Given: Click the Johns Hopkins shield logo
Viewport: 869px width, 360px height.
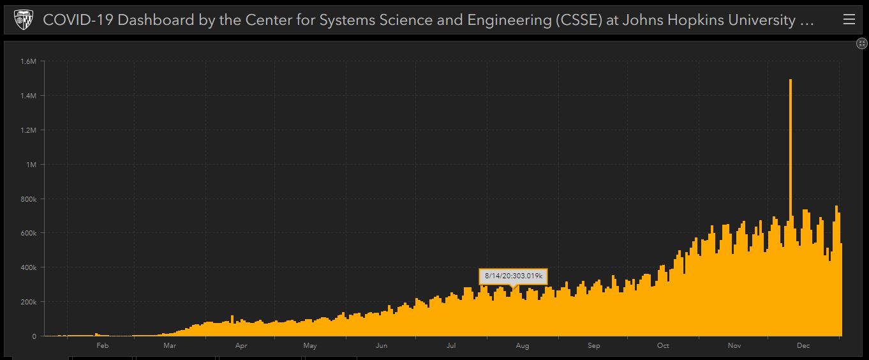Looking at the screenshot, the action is pyautogui.click(x=23, y=19).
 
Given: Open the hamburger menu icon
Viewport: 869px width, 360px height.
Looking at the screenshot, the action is pyautogui.click(x=849, y=19).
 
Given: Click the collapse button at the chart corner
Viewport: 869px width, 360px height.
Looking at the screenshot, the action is pyautogui.click(x=861, y=43).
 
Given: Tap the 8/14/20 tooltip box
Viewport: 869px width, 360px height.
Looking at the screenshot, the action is pyautogui.click(x=513, y=276).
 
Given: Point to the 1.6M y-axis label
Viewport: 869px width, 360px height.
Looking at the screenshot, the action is pyautogui.click(x=28, y=61).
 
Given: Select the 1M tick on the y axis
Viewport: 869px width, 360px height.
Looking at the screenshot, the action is pyautogui.click(x=31, y=165).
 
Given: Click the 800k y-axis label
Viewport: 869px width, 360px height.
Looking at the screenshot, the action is pyautogui.click(x=28, y=199).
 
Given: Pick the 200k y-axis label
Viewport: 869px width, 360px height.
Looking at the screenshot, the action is pyautogui.click(x=28, y=302).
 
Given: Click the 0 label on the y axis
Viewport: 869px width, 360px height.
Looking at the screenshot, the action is pyautogui.click(x=34, y=337).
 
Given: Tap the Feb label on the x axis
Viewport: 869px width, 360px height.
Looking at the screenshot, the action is pyautogui.click(x=103, y=346).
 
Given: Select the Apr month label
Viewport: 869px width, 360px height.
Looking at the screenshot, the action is pyautogui.click(x=241, y=346).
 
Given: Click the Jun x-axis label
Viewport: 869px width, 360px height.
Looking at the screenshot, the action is pyautogui.click(x=382, y=346).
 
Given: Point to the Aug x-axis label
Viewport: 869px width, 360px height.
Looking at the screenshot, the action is pyautogui.click(x=522, y=346).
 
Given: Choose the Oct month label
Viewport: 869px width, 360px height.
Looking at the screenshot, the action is pyautogui.click(x=663, y=346).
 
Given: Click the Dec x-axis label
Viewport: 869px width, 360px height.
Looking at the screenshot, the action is pyautogui.click(x=803, y=346).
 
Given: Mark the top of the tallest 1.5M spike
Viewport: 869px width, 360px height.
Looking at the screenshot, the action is pyautogui.click(x=791, y=80).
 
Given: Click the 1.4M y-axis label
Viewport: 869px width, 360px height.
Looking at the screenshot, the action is pyautogui.click(x=28, y=96).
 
